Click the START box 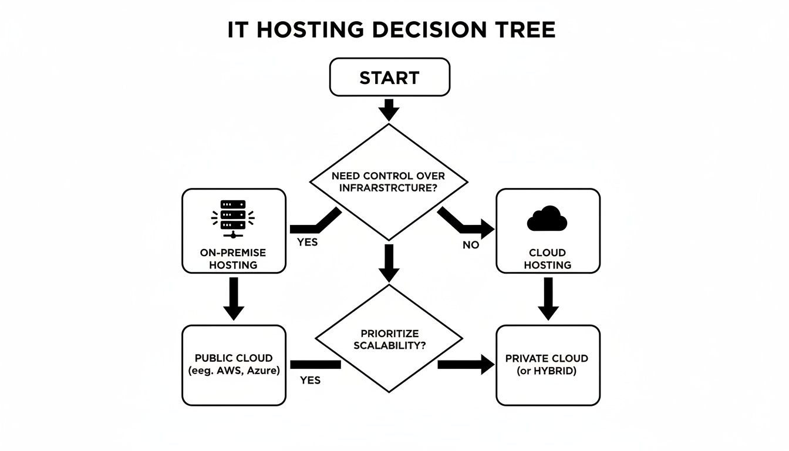click(x=389, y=78)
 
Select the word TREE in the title click(x=526, y=30)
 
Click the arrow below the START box click(x=389, y=109)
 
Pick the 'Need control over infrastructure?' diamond click(x=388, y=181)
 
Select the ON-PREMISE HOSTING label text click(x=234, y=259)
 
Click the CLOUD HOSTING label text click(x=547, y=259)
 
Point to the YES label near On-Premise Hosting click(x=307, y=242)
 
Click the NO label click(x=470, y=245)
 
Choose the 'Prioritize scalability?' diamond click(x=388, y=339)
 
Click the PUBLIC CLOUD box click(x=234, y=365)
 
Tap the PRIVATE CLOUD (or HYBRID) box click(x=548, y=365)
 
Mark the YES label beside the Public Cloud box click(x=310, y=381)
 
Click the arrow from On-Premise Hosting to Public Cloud click(x=234, y=298)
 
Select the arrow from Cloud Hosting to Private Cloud click(x=548, y=298)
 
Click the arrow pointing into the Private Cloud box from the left click(x=467, y=365)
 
